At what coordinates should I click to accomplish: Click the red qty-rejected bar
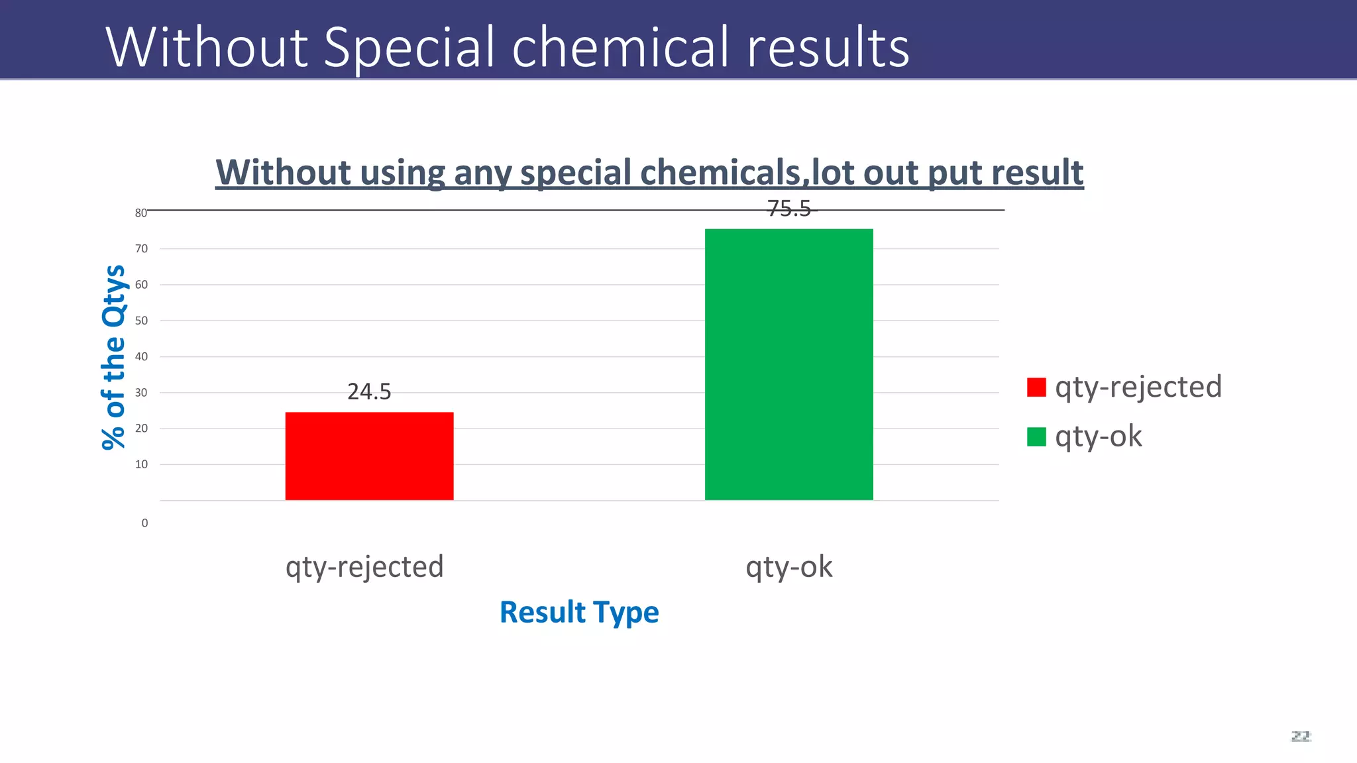pyautogui.click(x=369, y=456)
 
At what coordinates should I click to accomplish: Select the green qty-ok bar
pyautogui.click(x=788, y=364)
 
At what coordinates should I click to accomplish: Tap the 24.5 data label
pyautogui.click(x=369, y=392)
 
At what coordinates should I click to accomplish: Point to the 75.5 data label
pyautogui.click(x=788, y=209)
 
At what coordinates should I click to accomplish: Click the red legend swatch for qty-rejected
pyautogui.click(x=1036, y=387)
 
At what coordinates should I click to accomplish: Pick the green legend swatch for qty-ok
pyautogui.click(x=1036, y=437)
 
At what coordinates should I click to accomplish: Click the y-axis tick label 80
pyautogui.click(x=140, y=213)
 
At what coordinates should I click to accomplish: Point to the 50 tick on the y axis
pyautogui.click(x=141, y=321)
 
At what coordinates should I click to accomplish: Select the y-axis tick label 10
pyautogui.click(x=141, y=464)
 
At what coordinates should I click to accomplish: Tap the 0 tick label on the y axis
pyautogui.click(x=144, y=523)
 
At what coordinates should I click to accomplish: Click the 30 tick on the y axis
pyautogui.click(x=141, y=393)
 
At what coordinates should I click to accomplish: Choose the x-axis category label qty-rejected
pyautogui.click(x=364, y=568)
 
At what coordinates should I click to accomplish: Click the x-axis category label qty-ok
pyautogui.click(x=788, y=568)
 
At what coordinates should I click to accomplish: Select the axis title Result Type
pyautogui.click(x=579, y=612)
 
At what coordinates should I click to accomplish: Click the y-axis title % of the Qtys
pyautogui.click(x=114, y=358)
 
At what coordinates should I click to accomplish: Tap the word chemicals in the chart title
pyautogui.click(x=720, y=173)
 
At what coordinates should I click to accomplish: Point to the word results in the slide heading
pyautogui.click(x=828, y=48)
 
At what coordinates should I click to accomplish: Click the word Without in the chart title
pyautogui.click(x=283, y=173)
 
